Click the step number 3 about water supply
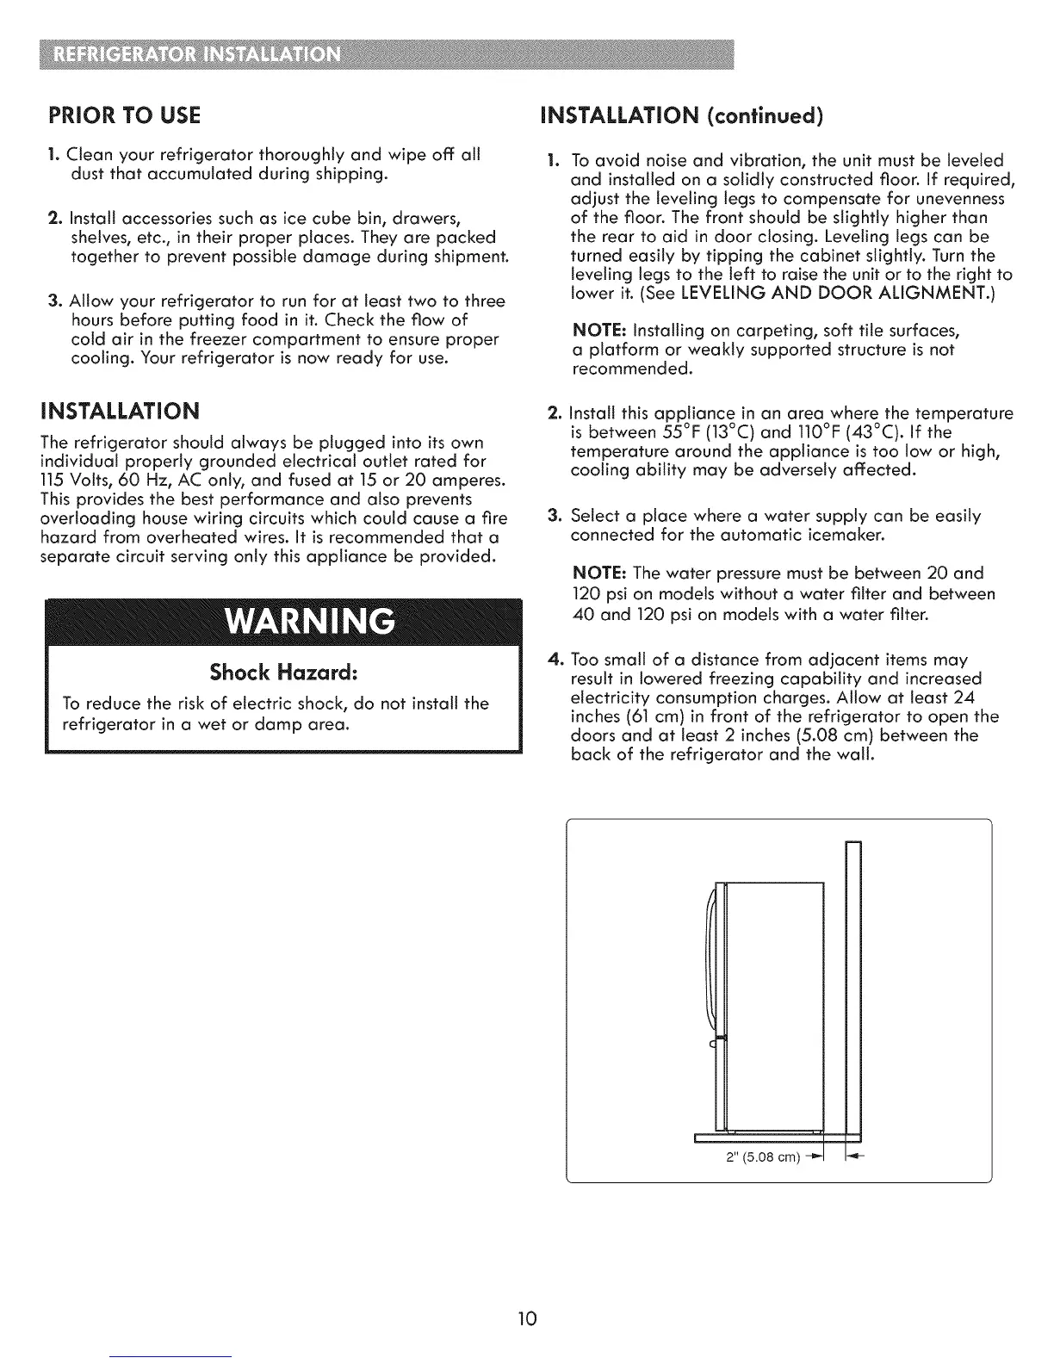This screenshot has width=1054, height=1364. [x=555, y=517]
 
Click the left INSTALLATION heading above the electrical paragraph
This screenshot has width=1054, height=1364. [x=120, y=409]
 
